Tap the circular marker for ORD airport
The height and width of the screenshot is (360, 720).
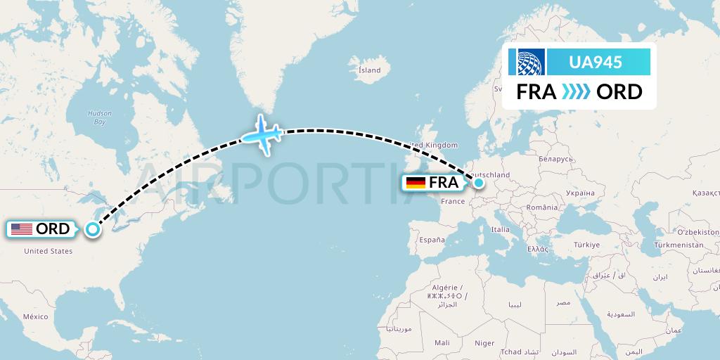(92, 229)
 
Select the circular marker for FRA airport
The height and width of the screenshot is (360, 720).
(479, 183)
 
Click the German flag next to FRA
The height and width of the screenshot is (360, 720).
(416, 183)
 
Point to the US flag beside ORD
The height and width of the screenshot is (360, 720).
(22, 229)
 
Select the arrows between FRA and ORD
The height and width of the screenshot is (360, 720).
(577, 92)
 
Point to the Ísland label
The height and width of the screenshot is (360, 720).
(369, 70)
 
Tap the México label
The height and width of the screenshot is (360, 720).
(35, 317)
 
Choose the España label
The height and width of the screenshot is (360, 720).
(432, 240)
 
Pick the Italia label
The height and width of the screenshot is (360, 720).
(501, 229)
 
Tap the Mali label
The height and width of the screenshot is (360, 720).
(442, 342)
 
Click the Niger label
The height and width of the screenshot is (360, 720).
(484, 343)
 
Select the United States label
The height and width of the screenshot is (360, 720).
(49, 251)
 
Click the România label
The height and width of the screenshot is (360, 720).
(541, 207)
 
